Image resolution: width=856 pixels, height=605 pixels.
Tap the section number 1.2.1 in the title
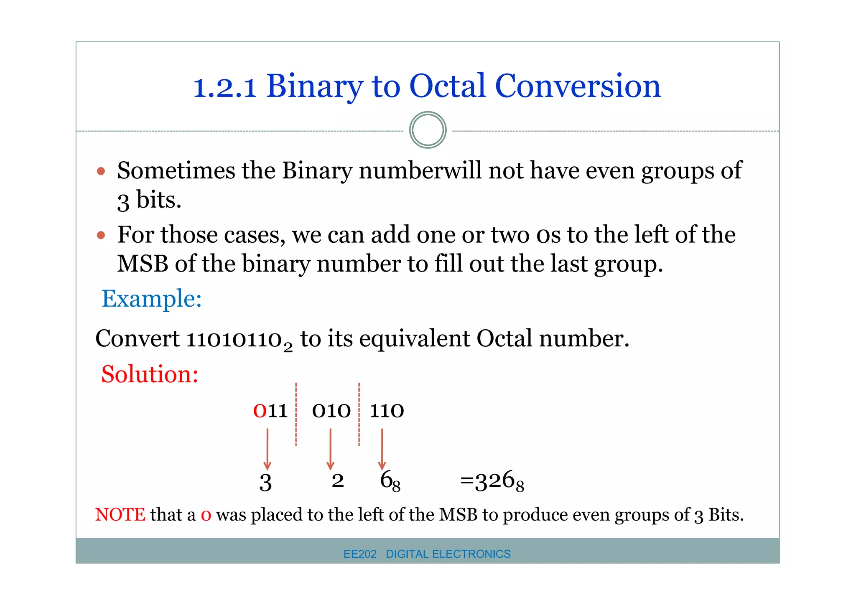point(224,88)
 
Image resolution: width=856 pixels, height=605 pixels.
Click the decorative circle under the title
point(428,130)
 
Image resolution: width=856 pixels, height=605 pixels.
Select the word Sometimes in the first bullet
point(176,171)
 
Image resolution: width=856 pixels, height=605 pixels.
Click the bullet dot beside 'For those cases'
point(101,235)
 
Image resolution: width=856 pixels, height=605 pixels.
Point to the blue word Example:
point(152,299)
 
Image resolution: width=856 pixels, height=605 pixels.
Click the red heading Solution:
point(150,374)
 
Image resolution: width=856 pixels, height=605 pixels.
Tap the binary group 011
point(270,411)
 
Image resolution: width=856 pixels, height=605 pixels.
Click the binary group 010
point(331,411)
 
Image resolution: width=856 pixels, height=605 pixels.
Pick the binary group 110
point(387,411)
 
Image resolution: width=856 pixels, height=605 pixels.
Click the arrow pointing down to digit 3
point(267,450)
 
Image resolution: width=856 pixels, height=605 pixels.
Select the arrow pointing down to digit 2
point(330,450)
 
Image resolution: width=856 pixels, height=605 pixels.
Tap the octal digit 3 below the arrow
point(265,483)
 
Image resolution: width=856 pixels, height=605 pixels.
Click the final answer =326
point(492,481)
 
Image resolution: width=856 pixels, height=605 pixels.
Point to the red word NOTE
point(120,515)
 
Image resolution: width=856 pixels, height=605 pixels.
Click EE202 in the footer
point(360,554)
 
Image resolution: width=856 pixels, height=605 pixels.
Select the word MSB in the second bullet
point(142,264)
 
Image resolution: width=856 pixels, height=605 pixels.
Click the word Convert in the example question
point(138,339)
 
